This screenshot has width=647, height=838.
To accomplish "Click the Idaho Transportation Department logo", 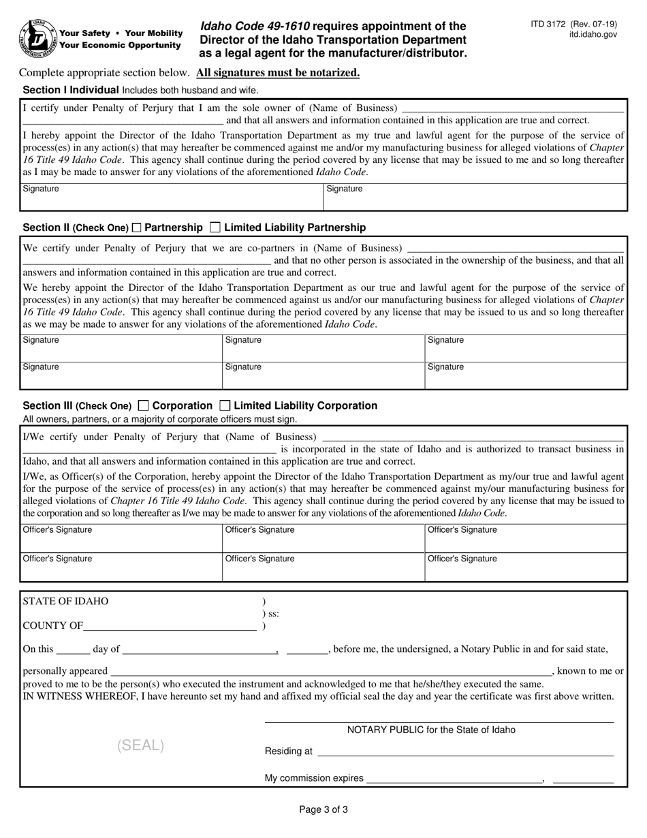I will pyautogui.click(x=38, y=39).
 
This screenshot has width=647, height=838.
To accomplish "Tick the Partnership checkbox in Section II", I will pyautogui.click(x=137, y=228).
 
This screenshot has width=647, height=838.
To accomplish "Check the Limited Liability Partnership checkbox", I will pyautogui.click(x=215, y=228).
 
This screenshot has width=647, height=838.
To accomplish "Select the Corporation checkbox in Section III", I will pyautogui.click(x=143, y=405).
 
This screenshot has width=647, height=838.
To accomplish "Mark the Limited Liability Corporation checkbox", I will pyautogui.click(x=225, y=405).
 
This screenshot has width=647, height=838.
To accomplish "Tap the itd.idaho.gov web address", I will pyautogui.click(x=593, y=34).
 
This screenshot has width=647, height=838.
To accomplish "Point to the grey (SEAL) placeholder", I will pyautogui.click(x=141, y=745).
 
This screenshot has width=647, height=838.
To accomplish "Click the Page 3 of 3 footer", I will pyautogui.click(x=323, y=810).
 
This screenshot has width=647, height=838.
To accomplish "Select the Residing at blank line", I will pyautogui.click(x=465, y=751).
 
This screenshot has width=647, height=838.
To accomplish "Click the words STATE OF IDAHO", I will pyautogui.click(x=65, y=602).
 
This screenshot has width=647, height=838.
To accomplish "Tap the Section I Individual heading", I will pyautogui.click(x=72, y=90).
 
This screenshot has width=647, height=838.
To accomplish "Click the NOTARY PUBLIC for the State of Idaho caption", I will pyautogui.click(x=431, y=730).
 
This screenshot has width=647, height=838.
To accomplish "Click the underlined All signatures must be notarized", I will pyautogui.click(x=278, y=73).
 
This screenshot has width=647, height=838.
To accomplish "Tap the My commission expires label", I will pyautogui.click(x=313, y=778).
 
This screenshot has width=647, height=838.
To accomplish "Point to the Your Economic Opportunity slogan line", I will pyautogui.click(x=121, y=46).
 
